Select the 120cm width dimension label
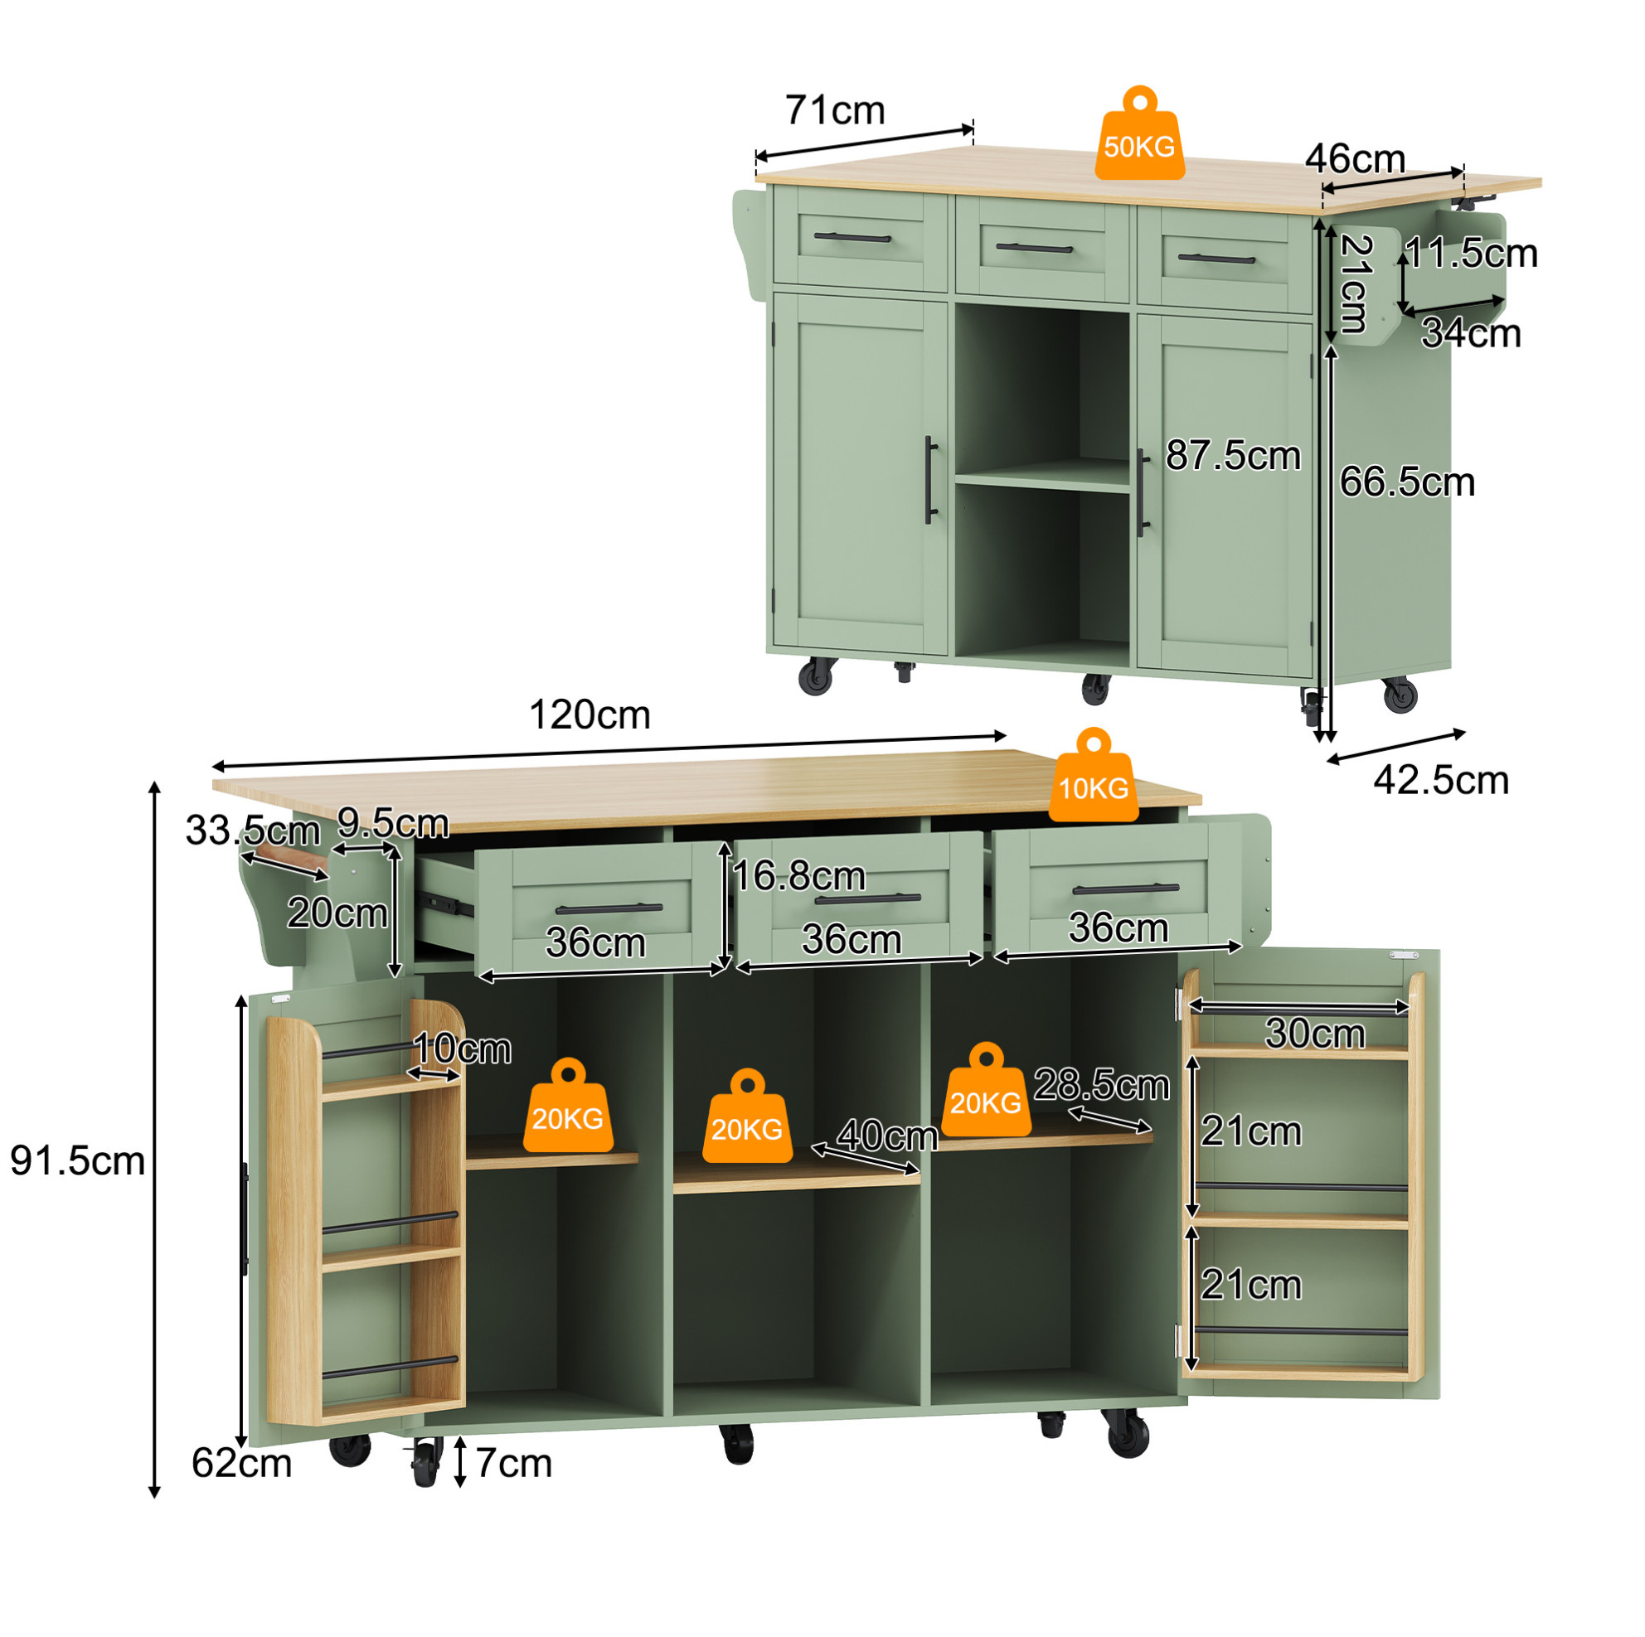coord(590,715)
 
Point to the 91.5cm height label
coord(77,1161)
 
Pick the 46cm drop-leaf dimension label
coord(1356,159)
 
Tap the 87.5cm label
coord(1233,455)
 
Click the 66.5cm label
coord(1407,482)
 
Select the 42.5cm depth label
coord(1442,781)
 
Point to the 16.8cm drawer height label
coord(798,876)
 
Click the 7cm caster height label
coord(513,1463)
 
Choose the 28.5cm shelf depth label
coord(1102,1085)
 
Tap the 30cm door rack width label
coord(1316,1034)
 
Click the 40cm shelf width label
coord(887,1136)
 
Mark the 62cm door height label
coord(242,1463)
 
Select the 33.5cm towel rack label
coord(253,831)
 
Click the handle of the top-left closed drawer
coord(852,238)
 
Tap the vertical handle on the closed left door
coord(930,480)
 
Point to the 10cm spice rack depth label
coord(463,1049)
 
